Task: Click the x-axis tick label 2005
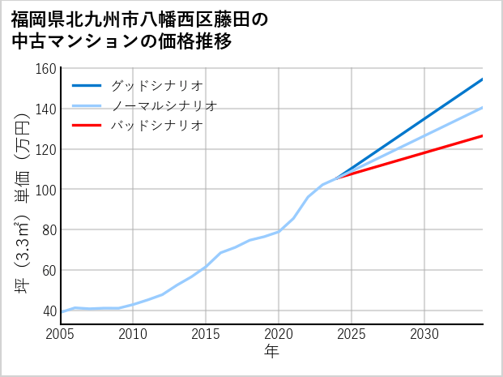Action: (x=61, y=334)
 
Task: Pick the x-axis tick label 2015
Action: (x=207, y=334)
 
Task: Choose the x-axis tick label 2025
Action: (x=352, y=334)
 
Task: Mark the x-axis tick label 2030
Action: (x=424, y=334)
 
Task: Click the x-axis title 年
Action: (x=272, y=353)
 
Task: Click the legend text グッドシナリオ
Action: (x=156, y=85)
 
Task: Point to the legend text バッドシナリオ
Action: (x=156, y=126)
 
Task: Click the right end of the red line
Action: (x=482, y=136)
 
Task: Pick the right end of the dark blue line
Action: (x=482, y=79)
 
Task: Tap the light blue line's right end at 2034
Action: (x=482, y=108)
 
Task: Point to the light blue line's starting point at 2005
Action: (x=62, y=312)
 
